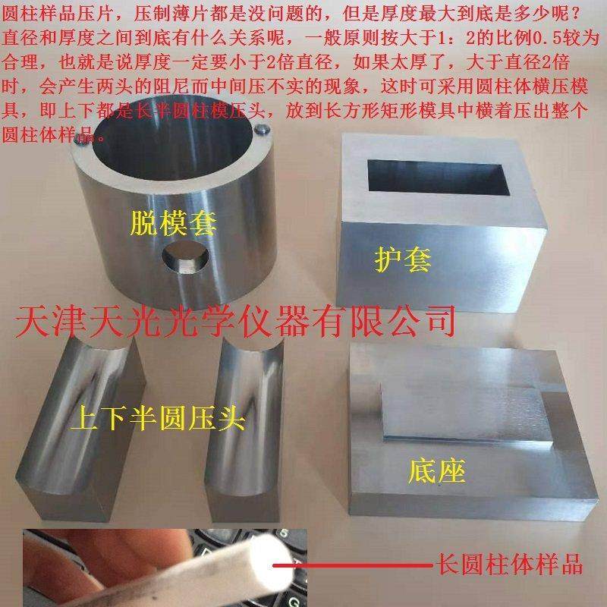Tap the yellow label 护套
coord(403,259)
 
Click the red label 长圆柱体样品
coord(509,565)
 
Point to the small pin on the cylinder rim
coord(260,130)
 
